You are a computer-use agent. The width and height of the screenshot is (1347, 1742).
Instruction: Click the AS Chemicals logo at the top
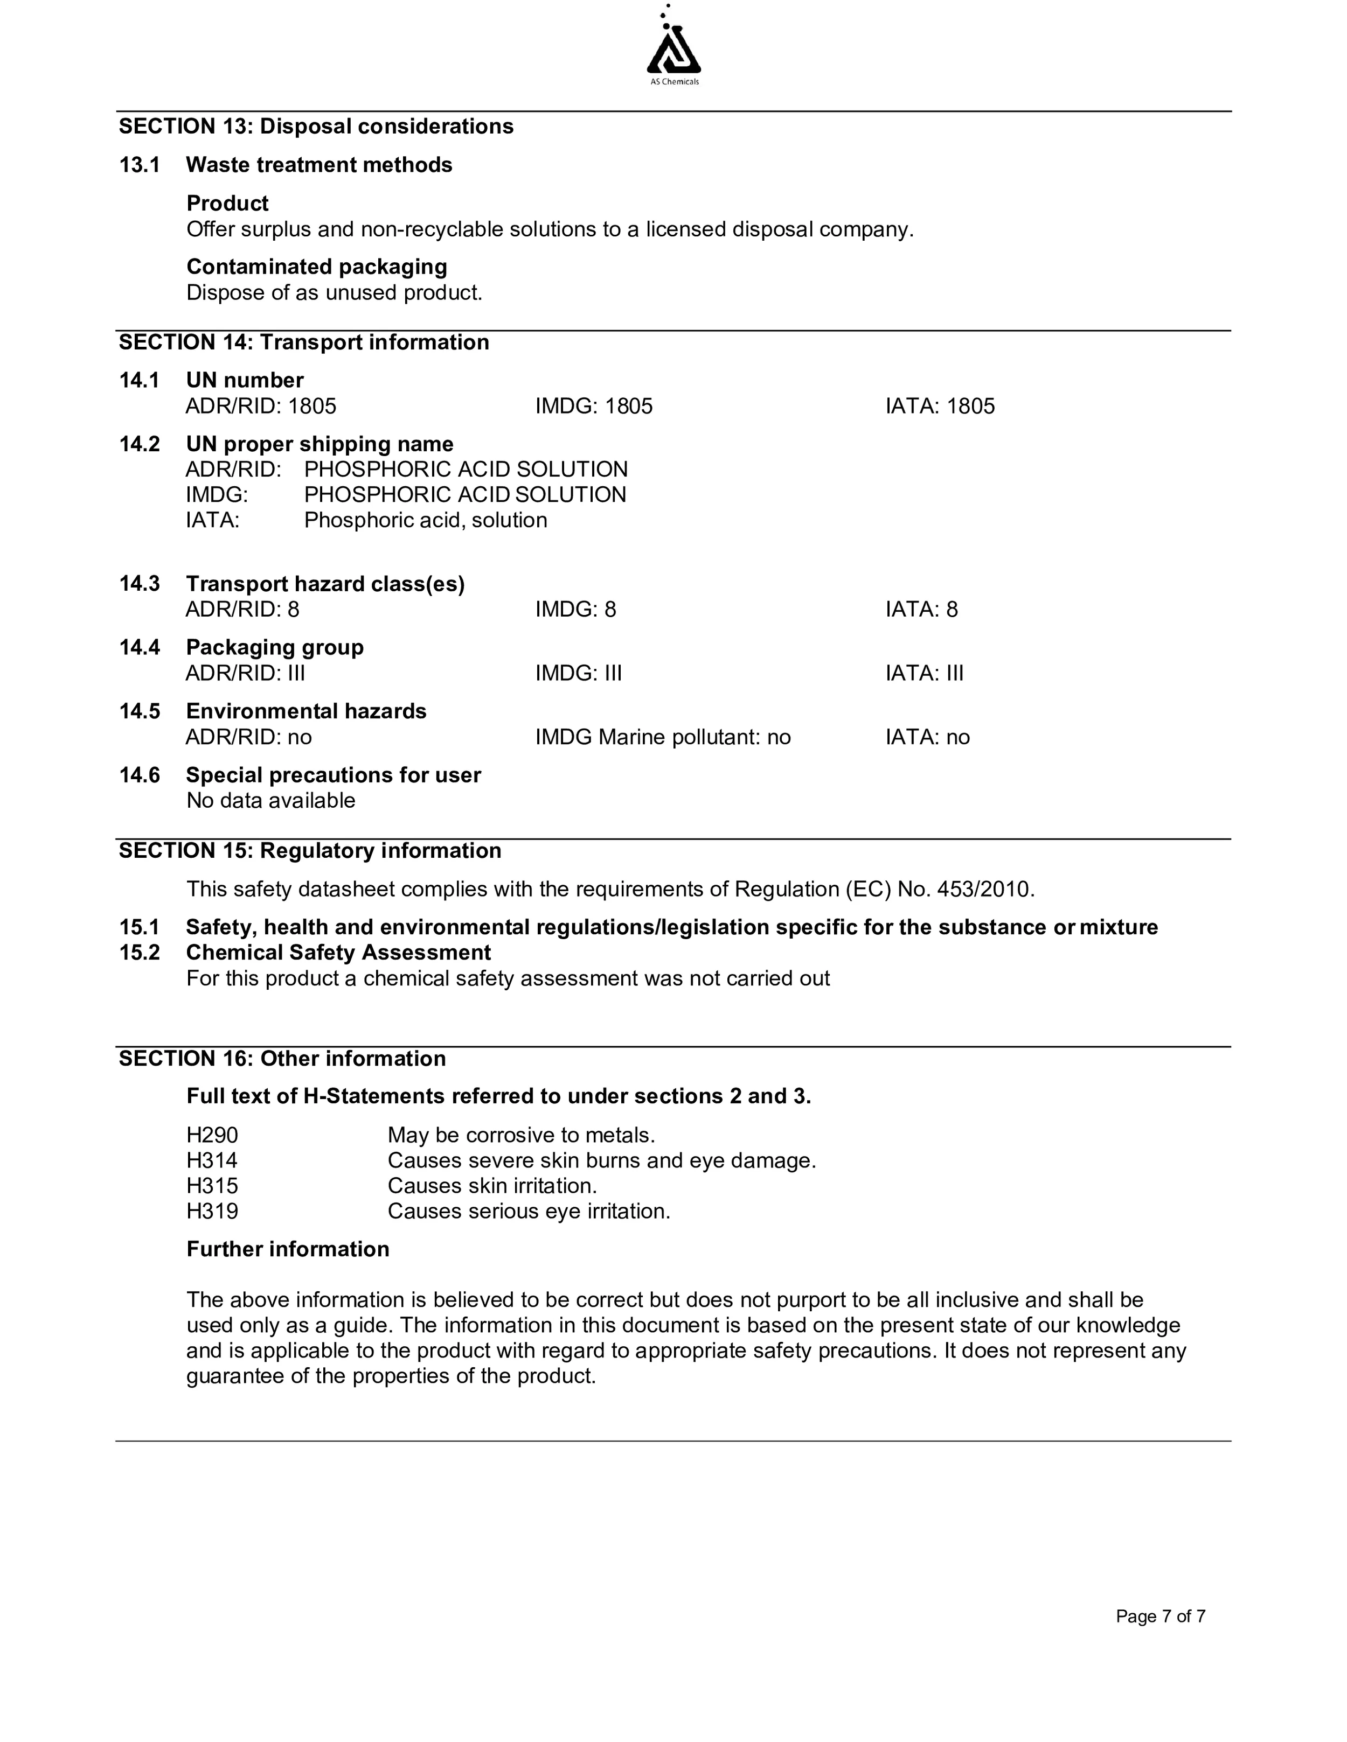pos(673,48)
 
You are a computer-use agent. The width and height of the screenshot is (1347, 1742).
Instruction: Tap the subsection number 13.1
pos(140,165)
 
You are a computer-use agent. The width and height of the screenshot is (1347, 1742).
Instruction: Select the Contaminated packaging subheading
pos(317,267)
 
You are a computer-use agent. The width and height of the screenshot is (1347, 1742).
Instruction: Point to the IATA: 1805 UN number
pos(940,406)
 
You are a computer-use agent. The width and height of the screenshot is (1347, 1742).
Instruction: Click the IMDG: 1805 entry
pos(594,406)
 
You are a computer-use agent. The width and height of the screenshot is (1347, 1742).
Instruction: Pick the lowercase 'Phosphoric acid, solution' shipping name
pos(425,520)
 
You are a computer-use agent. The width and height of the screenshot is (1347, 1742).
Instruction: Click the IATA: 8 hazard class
pos(922,610)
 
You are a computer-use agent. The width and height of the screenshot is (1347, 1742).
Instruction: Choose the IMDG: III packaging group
pos(579,673)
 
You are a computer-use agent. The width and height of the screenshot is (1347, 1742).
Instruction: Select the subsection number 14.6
pos(140,775)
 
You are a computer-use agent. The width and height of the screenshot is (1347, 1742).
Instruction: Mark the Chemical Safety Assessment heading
pos(338,953)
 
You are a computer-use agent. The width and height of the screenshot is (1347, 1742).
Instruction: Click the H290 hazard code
pos(212,1135)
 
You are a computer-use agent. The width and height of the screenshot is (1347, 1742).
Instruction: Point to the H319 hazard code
pos(212,1212)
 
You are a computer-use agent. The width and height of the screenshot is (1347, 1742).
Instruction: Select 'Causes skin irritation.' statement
pos(492,1186)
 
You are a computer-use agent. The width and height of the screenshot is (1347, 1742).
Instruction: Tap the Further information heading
pos(288,1249)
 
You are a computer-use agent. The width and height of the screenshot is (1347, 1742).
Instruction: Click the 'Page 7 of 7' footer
pos(1160,1617)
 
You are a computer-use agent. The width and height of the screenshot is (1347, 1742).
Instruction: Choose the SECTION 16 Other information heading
pos(282,1059)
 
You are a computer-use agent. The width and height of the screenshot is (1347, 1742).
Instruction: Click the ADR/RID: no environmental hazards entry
pos(249,737)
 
